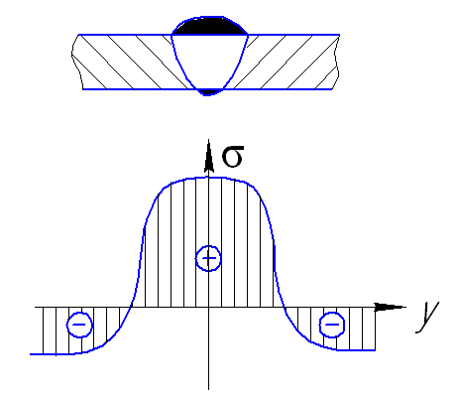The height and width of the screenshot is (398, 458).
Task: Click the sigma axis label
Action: pyautogui.click(x=233, y=157)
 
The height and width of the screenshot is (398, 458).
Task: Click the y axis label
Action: pyautogui.click(x=428, y=316)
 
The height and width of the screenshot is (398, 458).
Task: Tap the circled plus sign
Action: pyautogui.click(x=208, y=258)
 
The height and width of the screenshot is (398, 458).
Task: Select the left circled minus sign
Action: pyautogui.click(x=79, y=325)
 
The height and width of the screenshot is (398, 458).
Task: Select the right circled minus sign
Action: pyautogui.click(x=332, y=325)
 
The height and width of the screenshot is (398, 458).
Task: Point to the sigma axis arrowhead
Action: pyautogui.click(x=208, y=156)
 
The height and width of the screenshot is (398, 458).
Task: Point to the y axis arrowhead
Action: pyautogui.click(x=390, y=307)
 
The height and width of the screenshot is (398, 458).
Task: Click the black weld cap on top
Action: pyautogui.click(x=210, y=27)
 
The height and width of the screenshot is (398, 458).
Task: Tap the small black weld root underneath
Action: pyautogui.click(x=207, y=92)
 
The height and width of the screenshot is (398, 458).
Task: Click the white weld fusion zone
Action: pyautogui.click(x=209, y=60)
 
